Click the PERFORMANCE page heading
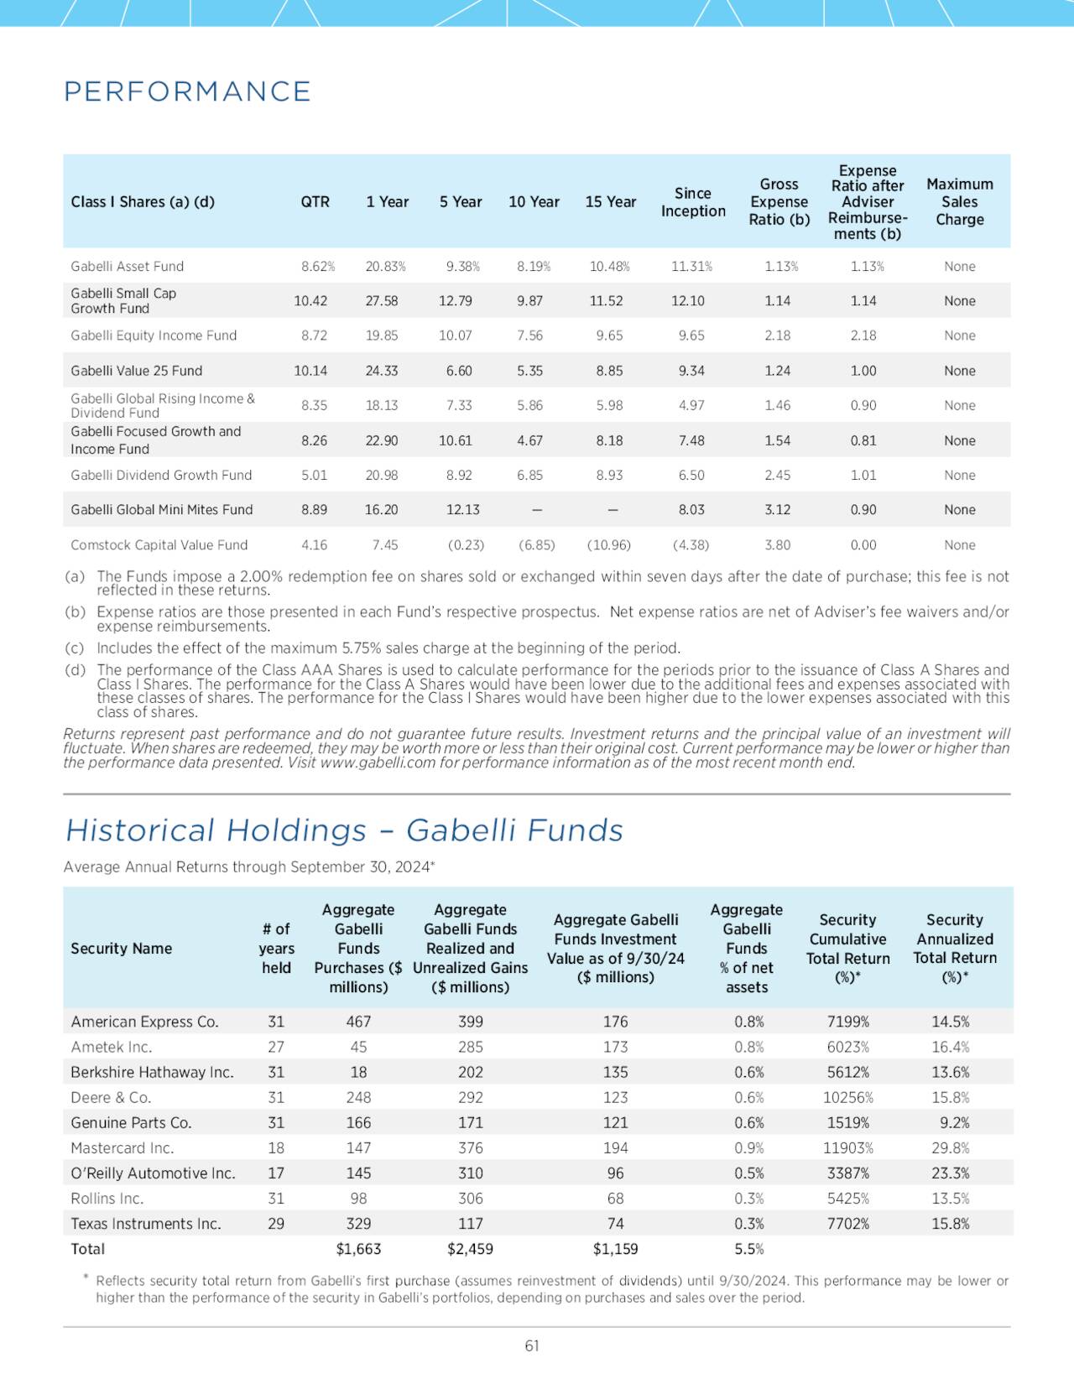[187, 91]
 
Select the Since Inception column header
[692, 202]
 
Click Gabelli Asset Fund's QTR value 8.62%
[318, 267]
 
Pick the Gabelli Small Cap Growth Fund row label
[123, 300]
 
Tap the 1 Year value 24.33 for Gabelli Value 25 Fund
[382, 371]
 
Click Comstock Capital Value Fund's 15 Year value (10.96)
[609, 545]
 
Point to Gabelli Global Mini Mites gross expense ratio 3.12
[777, 510]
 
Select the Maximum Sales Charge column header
[959, 202]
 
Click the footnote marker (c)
[75, 648]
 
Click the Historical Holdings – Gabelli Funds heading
[344, 830]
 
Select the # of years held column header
[276, 949]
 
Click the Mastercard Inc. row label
[123, 1148]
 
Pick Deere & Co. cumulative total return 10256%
[847, 1098]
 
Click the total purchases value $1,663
[358, 1249]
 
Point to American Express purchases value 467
[358, 1022]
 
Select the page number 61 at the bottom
[532, 1346]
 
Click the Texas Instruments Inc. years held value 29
[276, 1224]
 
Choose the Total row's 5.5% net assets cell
[748, 1249]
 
